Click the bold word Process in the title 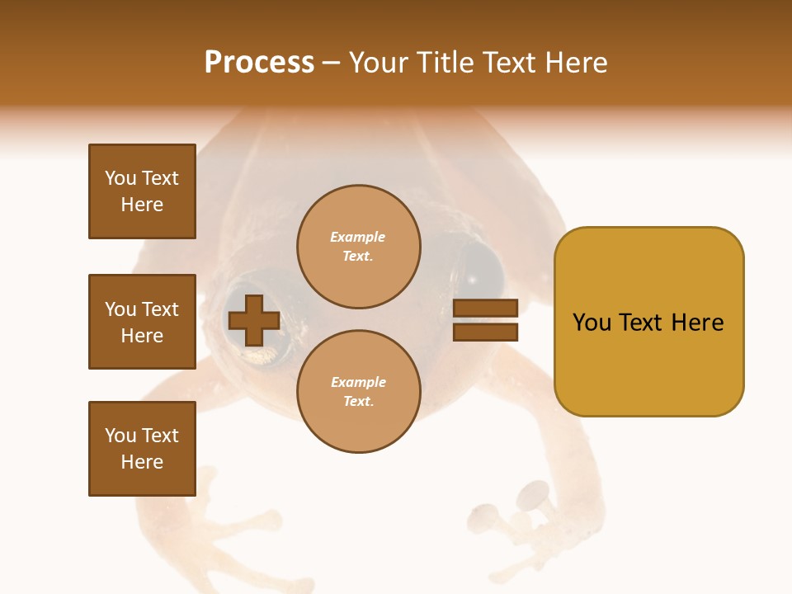click(x=259, y=63)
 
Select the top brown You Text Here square click(x=142, y=191)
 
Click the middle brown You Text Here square click(x=142, y=322)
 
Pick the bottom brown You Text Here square click(x=142, y=449)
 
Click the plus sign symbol click(x=253, y=320)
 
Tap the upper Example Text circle click(x=358, y=247)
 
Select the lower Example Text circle click(x=358, y=392)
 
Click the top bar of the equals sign click(x=486, y=308)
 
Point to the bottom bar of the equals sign click(x=486, y=332)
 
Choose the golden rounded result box click(x=648, y=322)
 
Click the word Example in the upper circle click(x=358, y=237)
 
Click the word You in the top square click(x=120, y=178)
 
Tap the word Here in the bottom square click(x=142, y=462)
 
